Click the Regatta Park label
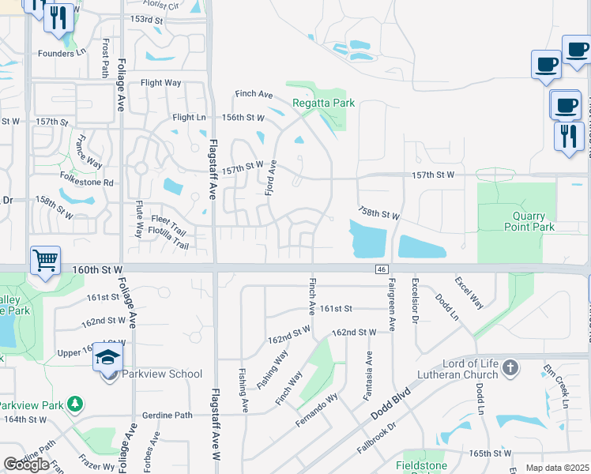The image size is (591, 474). tap(323, 103)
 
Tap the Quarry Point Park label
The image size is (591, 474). tap(529, 220)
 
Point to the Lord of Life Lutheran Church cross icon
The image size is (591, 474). tap(510, 367)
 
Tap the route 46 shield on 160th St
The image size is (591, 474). tap(381, 269)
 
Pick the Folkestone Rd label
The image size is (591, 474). tap(88, 182)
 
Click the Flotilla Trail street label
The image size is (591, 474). tap(164, 245)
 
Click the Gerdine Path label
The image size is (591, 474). tap(168, 415)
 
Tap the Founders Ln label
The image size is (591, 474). tap(61, 53)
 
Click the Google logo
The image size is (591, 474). tap(26, 464)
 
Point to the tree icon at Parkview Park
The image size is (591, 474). tap(75, 404)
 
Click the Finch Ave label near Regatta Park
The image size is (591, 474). tap(254, 94)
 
